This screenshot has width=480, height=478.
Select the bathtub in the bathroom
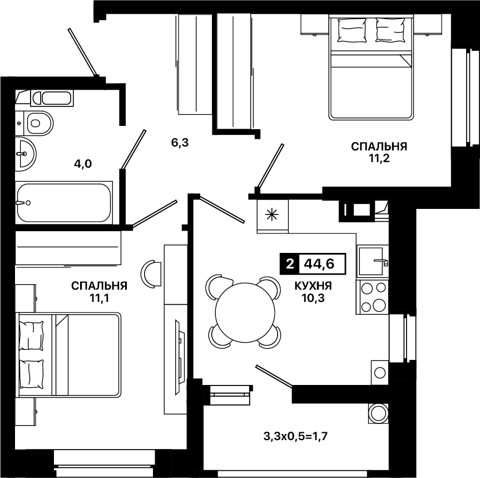tap(63, 203)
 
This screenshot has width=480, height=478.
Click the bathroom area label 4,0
tap(83, 164)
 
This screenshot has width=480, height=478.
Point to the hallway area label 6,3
tap(180, 143)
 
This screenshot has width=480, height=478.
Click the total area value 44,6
tap(319, 264)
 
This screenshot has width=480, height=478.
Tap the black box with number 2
tap(290, 264)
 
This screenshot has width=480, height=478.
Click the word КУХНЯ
tap(313, 286)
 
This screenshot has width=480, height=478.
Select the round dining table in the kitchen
tap(244, 311)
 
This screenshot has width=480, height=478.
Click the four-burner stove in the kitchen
tap(373, 297)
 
